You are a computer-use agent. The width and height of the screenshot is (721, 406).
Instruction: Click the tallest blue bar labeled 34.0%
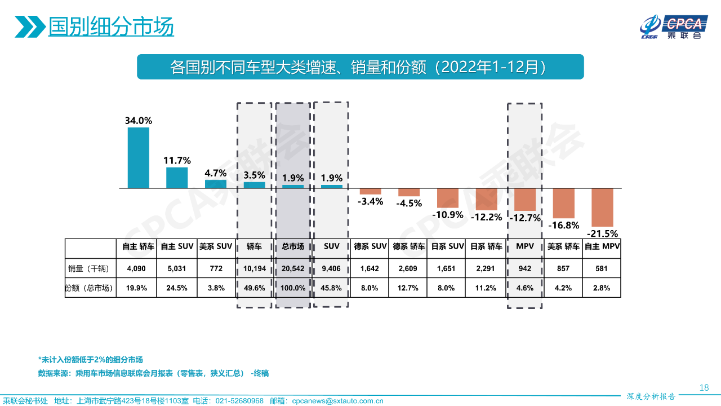click(x=139, y=157)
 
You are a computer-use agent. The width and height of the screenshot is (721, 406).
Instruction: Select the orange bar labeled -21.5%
click(x=602, y=207)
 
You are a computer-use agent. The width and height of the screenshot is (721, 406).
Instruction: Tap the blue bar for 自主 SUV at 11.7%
click(x=177, y=177)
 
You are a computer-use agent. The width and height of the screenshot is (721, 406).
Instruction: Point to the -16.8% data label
click(x=563, y=225)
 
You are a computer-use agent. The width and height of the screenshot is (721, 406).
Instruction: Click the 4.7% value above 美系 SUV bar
click(x=215, y=173)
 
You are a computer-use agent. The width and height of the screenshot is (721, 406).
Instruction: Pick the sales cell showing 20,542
click(x=293, y=269)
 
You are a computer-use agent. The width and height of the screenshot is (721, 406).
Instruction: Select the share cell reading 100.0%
click(x=293, y=288)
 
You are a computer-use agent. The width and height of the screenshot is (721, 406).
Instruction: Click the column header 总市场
click(x=293, y=246)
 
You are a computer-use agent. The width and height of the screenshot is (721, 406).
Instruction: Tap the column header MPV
click(x=524, y=246)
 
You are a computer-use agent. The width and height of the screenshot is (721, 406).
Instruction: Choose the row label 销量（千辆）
click(x=88, y=269)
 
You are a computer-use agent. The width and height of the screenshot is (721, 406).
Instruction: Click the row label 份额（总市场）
click(x=89, y=288)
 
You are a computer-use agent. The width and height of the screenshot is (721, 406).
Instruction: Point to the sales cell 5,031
click(x=177, y=269)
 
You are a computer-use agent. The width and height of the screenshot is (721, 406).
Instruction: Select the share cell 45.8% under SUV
click(x=331, y=288)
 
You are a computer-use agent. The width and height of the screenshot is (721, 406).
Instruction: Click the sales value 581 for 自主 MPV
click(x=602, y=269)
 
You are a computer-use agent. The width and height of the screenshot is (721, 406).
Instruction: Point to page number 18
click(x=704, y=387)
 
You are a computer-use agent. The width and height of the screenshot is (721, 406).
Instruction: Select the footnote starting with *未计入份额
click(x=90, y=359)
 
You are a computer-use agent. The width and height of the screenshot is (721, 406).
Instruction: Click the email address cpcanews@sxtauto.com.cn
click(x=337, y=401)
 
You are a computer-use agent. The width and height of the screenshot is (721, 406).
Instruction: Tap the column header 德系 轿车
click(x=409, y=246)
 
